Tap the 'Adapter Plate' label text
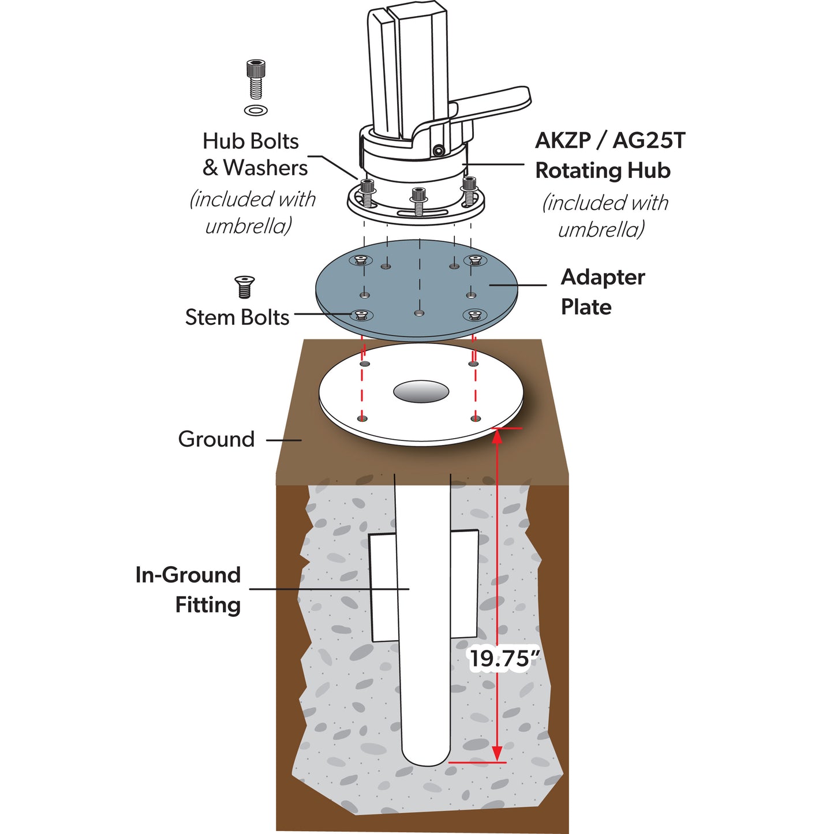pyautogui.click(x=602, y=292)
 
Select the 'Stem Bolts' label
pyautogui.click(x=237, y=317)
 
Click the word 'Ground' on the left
pyautogui.click(x=216, y=439)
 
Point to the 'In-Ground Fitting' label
pyautogui.click(x=188, y=589)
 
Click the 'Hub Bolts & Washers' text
pyautogui.click(x=255, y=155)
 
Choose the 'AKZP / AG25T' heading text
pyautogui.click(x=609, y=141)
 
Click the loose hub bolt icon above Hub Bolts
pyautogui.click(x=256, y=78)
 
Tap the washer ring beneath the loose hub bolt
pyautogui.click(x=256, y=110)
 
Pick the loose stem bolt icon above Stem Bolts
pyautogui.click(x=245, y=287)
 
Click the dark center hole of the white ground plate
pyautogui.click(x=421, y=391)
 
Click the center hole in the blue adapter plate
pyautogui.click(x=419, y=313)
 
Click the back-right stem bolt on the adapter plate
pyautogui.click(x=475, y=260)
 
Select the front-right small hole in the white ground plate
pyautogui.click(x=475, y=418)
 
